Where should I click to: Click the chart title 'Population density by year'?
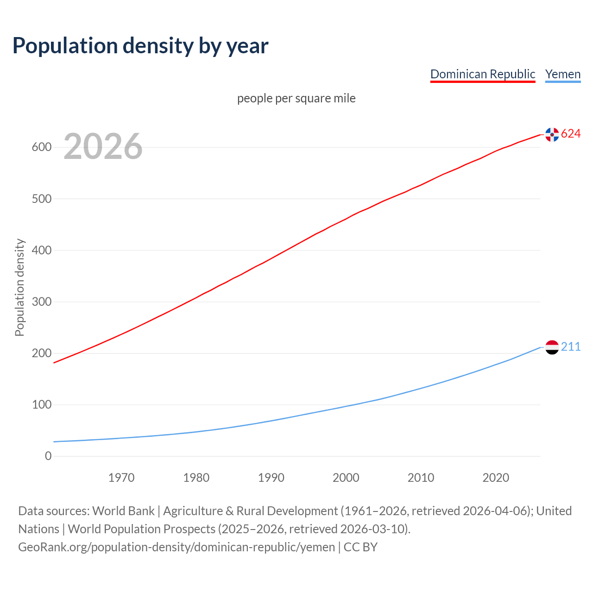point(140,45)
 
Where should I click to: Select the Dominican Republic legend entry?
point(483,74)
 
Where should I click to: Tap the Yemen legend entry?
point(563,74)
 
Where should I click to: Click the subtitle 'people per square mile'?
point(296,98)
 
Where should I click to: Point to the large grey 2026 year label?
point(103,146)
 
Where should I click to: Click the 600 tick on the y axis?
point(42,147)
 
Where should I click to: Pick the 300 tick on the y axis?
point(42,302)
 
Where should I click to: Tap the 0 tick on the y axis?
point(48,456)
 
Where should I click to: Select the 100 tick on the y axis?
point(42,405)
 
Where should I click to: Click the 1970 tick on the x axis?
point(121,478)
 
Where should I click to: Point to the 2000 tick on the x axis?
point(346,478)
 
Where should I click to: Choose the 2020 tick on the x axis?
point(496,478)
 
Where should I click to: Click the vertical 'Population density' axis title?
point(19,287)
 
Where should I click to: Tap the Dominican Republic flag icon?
point(552,134)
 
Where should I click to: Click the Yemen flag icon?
point(552,347)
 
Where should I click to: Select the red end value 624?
point(571,134)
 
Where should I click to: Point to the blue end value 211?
point(571,347)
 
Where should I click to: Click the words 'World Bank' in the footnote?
point(123,511)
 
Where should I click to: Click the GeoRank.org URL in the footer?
point(177,547)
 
